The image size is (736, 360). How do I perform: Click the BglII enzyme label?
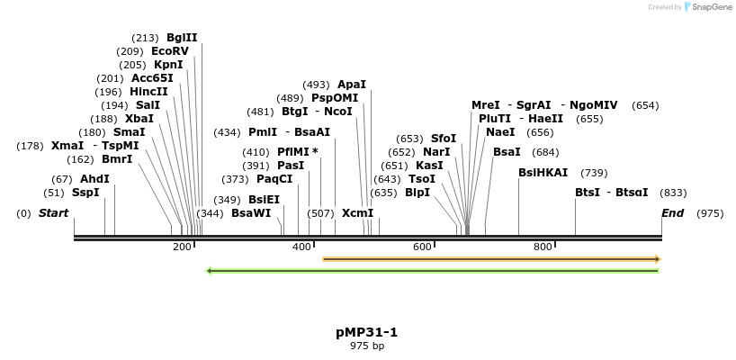[x=182, y=38]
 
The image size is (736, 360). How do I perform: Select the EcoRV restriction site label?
[x=170, y=51]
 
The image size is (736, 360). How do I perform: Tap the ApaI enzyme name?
[x=352, y=85]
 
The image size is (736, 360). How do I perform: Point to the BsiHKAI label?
[x=543, y=173]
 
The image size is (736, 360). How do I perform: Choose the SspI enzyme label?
[x=85, y=193]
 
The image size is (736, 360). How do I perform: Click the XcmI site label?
[x=357, y=213]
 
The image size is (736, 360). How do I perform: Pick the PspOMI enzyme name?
[x=335, y=98]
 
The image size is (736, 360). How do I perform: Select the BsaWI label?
[x=251, y=213]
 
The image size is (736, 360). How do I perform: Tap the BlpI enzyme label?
[x=417, y=193]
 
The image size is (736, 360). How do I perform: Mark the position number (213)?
[x=145, y=38]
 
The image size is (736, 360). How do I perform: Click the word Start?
[x=53, y=213]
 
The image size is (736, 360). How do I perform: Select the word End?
[x=672, y=213]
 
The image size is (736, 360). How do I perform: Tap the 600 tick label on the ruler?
[x=422, y=247]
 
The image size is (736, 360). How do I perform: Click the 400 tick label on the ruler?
[x=301, y=247]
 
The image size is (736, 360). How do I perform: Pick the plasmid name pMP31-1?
[x=367, y=332]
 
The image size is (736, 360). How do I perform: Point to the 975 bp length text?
[x=367, y=346]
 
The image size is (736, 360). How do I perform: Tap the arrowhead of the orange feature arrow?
[x=658, y=259]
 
